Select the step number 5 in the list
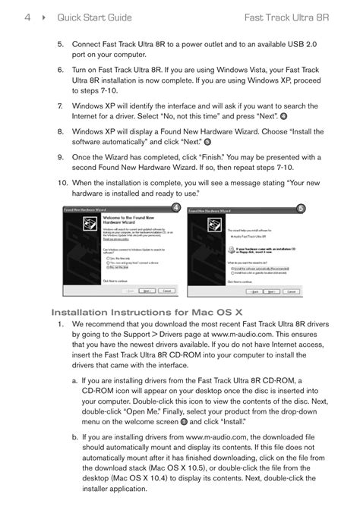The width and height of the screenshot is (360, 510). (x=60, y=46)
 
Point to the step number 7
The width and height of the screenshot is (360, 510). (x=60, y=106)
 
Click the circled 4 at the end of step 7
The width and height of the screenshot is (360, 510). (x=283, y=116)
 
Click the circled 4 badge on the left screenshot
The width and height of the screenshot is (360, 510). (x=176, y=209)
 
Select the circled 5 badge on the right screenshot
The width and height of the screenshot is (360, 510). (x=301, y=209)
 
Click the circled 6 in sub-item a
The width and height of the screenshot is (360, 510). (x=183, y=421)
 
